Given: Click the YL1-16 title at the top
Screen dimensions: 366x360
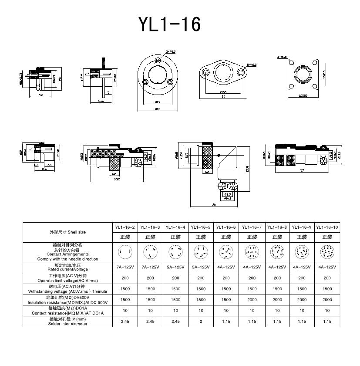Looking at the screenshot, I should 170,24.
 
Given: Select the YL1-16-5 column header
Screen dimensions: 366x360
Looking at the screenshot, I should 201,227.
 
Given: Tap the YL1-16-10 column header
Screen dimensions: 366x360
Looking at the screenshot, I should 327,227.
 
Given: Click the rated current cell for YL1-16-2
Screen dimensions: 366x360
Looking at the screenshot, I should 125,267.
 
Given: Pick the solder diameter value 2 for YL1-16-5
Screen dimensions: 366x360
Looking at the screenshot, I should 201,322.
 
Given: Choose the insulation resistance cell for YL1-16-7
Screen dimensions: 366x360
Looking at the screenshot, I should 252,300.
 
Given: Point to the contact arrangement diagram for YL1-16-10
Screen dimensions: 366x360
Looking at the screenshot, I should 327,252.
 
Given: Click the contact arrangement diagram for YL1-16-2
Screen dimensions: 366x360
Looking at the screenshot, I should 125,252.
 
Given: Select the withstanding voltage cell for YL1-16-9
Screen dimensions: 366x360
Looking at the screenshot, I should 302,289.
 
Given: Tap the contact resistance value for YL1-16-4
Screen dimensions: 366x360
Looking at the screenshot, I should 175,311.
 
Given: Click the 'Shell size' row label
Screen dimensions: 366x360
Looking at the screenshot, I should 67,232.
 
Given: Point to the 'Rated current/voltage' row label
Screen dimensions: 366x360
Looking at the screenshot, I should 67,267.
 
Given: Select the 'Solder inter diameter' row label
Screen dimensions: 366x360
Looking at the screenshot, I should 67,322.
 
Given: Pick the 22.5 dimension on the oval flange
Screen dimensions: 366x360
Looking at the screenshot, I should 223,92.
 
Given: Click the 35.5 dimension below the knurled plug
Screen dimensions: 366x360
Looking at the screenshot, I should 116,178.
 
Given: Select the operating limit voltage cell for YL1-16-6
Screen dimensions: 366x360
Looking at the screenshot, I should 226,278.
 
